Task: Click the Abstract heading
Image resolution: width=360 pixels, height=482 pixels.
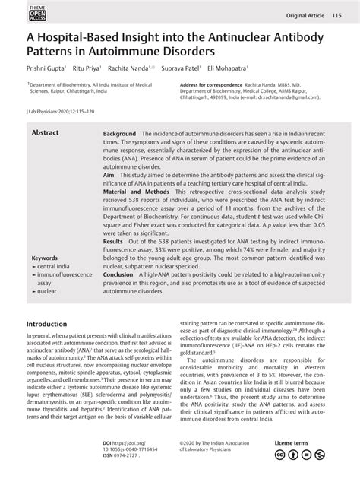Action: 46,132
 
